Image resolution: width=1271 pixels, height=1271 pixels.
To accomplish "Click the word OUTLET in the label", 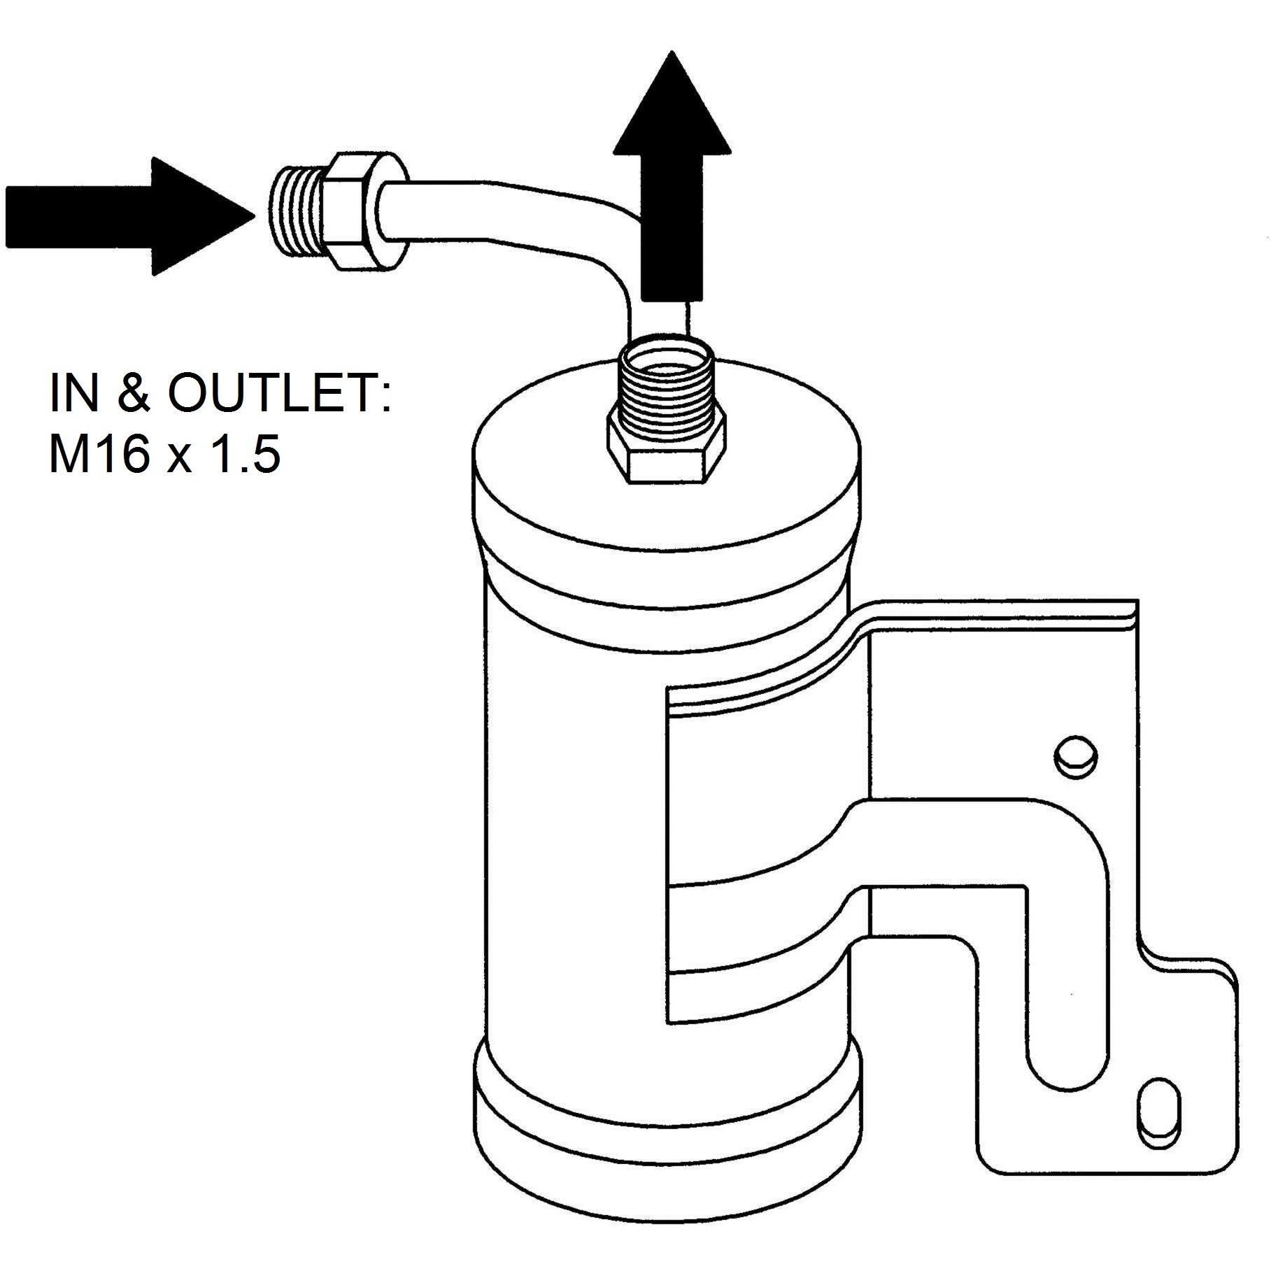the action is pyautogui.click(x=279, y=393).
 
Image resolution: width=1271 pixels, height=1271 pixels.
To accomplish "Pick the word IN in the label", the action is pyautogui.click(x=75, y=393).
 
